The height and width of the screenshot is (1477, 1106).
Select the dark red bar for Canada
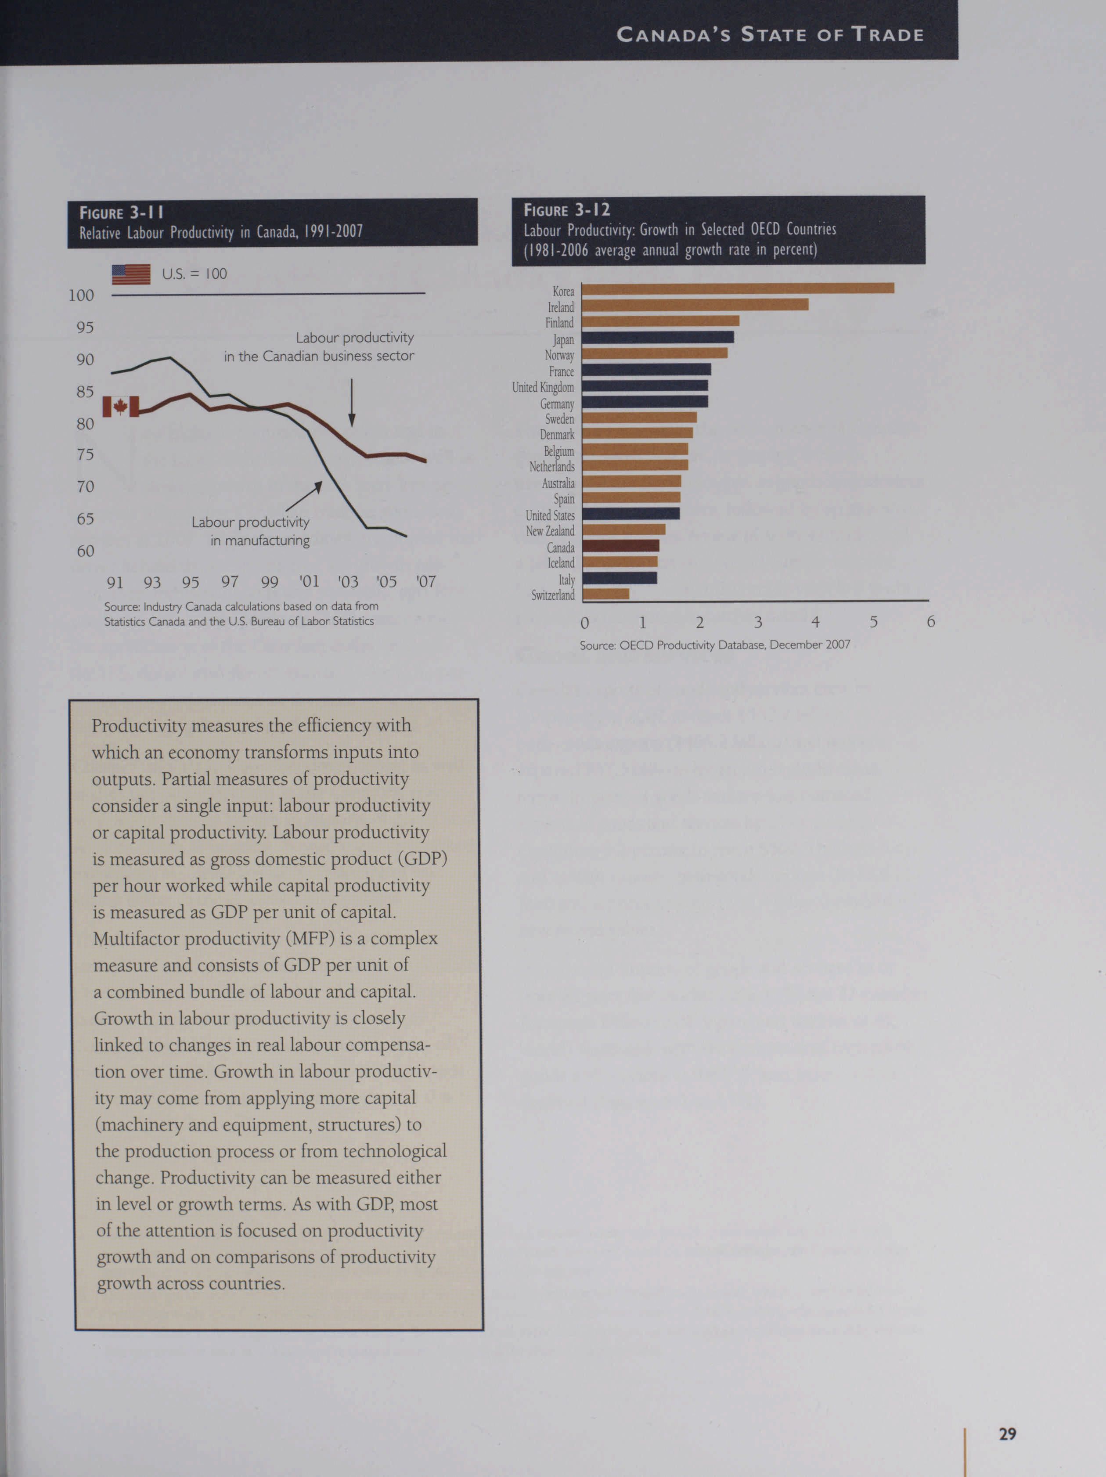(620, 545)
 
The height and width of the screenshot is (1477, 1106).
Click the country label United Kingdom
(543, 387)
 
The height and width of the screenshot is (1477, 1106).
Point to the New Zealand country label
(550, 531)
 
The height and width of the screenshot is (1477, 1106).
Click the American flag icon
(131, 274)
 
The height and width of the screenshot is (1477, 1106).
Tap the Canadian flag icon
(121, 406)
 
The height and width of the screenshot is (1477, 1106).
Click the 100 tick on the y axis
(82, 295)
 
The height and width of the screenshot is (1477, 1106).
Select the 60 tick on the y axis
(86, 551)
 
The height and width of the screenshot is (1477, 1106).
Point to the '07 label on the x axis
(426, 582)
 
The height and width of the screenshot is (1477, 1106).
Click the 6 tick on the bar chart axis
(930, 622)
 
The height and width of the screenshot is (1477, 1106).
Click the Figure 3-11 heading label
(121, 213)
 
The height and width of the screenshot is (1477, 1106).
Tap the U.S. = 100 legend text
(195, 274)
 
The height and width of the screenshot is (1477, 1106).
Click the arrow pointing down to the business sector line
(351, 403)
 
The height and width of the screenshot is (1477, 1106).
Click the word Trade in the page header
(888, 35)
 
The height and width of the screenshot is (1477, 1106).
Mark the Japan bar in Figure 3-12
(658, 337)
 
